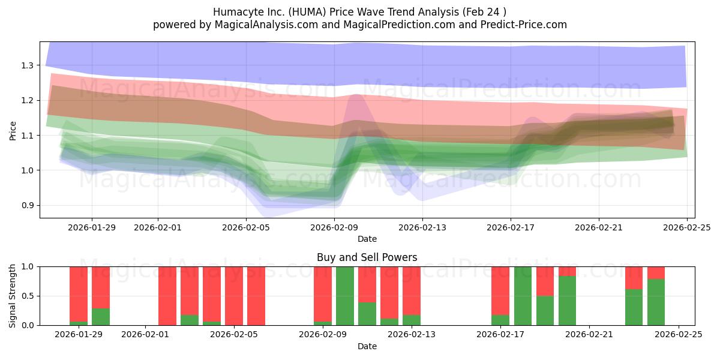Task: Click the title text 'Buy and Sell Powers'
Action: click(x=367, y=257)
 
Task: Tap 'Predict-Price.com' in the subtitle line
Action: click(x=519, y=25)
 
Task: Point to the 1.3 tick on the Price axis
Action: click(x=27, y=65)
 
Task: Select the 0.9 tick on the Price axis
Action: click(x=27, y=206)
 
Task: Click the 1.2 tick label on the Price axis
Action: click(x=27, y=100)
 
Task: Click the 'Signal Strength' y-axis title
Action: click(x=13, y=296)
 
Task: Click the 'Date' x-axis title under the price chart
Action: click(x=367, y=239)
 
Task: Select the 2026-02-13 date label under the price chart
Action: click(x=422, y=227)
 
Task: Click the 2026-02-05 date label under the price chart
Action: click(x=246, y=227)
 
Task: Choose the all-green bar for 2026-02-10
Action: click(x=345, y=296)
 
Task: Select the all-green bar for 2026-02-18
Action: click(x=523, y=296)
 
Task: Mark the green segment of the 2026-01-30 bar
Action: click(x=101, y=317)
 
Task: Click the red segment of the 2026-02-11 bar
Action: click(x=367, y=284)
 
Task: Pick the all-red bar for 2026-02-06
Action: click(x=256, y=296)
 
